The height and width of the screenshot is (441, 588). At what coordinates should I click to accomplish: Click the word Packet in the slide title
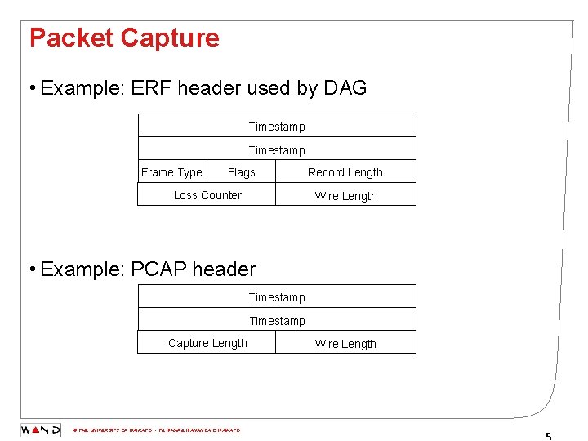pyautogui.click(x=71, y=38)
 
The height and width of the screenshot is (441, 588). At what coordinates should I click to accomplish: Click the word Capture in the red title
pyautogui.click(x=170, y=38)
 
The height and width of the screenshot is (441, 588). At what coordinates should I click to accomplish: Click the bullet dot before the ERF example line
pyautogui.click(x=31, y=88)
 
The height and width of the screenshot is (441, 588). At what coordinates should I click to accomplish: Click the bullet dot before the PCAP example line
pyautogui.click(x=31, y=269)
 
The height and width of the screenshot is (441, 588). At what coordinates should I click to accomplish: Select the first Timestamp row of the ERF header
pyautogui.click(x=277, y=126)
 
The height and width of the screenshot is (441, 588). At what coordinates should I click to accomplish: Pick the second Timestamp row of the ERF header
pyautogui.click(x=277, y=149)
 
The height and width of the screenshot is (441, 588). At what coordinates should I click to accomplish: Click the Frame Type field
pyautogui.click(x=171, y=172)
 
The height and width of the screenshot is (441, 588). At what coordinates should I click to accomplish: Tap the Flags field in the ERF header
pyautogui.click(x=241, y=172)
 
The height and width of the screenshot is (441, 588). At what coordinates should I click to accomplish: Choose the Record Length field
pyautogui.click(x=345, y=172)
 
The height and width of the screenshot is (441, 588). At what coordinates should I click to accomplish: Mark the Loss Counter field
pyautogui.click(x=207, y=195)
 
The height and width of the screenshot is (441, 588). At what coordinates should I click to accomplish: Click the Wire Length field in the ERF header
pyautogui.click(x=345, y=196)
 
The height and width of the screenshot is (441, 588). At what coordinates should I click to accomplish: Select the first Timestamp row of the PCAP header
pyautogui.click(x=277, y=296)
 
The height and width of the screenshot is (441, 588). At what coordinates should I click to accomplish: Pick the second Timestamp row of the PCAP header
pyautogui.click(x=277, y=320)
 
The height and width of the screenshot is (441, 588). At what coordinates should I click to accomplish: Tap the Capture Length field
pyautogui.click(x=207, y=343)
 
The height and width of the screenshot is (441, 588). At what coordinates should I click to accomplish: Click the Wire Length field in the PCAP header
pyautogui.click(x=345, y=344)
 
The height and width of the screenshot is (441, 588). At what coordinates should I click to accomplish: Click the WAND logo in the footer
pyautogui.click(x=41, y=430)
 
